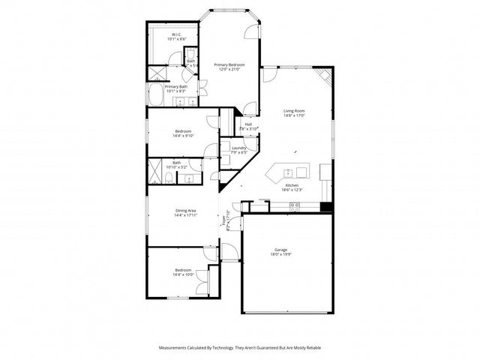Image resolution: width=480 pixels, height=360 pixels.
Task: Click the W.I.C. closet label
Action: pos(175,34)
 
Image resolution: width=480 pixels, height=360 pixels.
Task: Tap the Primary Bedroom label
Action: pos(229,65)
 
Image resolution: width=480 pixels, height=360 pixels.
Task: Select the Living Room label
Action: pos(293,111)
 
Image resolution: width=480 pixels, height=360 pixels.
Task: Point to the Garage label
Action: pos(281,249)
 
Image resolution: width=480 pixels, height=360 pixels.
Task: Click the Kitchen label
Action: pos(292,184)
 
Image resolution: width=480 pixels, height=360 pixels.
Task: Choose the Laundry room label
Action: pos(239,148)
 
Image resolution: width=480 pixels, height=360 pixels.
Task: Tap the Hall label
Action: pos(247,124)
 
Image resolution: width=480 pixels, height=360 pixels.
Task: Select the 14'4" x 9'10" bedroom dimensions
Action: pos(184,136)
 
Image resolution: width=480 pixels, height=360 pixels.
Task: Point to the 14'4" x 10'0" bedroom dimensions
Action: pos(184,274)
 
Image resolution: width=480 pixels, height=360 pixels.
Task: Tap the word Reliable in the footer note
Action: pos(313,347)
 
